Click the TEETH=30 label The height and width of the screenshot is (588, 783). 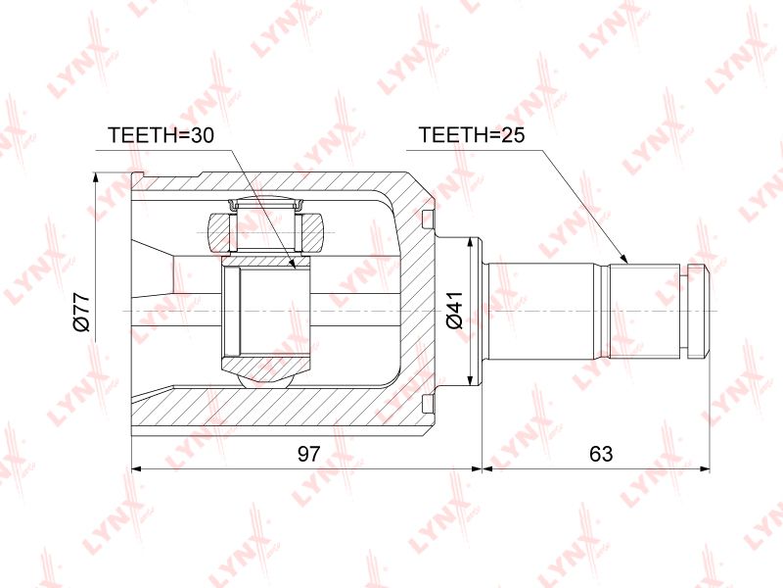coord(161,135)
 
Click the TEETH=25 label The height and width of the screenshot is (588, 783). coord(472,135)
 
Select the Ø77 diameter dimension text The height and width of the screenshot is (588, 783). coord(81,312)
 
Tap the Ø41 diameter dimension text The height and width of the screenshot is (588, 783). coord(455,310)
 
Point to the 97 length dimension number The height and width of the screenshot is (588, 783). coord(308,454)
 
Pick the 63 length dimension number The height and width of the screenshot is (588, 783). coord(601,454)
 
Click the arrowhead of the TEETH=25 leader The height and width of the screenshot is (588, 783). coord(623,258)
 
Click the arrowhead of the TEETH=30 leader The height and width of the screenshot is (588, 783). coord(293,263)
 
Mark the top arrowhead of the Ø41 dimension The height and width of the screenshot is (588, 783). coord(470,243)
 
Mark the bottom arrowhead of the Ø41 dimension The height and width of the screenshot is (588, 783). coord(470,381)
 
